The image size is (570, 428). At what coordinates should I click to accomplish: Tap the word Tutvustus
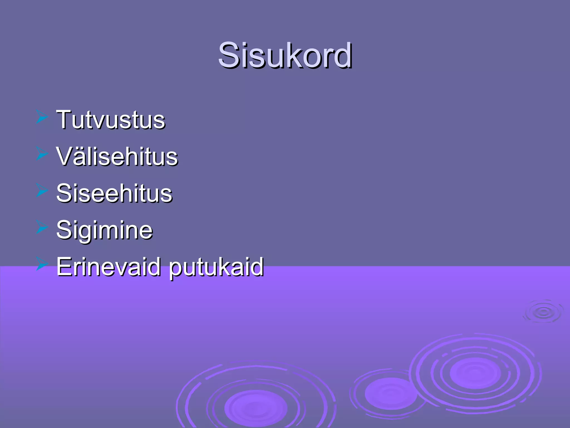pos(111,120)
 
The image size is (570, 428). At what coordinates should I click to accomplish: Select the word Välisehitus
pos(117,157)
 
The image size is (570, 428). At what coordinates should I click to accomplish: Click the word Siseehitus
pos(114,193)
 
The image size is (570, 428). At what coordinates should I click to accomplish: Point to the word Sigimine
pos(104,230)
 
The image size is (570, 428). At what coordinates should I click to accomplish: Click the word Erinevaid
pos(109,267)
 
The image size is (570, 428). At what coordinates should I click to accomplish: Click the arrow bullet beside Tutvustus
pos(42,117)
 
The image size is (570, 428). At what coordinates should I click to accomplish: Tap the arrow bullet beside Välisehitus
pos(42,154)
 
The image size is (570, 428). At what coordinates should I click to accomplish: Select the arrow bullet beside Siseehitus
pos(42,191)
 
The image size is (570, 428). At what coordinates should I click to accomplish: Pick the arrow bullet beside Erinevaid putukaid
pos(42,264)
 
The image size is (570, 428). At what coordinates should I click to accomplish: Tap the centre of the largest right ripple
pos(475,373)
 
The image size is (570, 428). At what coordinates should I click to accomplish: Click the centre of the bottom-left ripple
pos(256,408)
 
